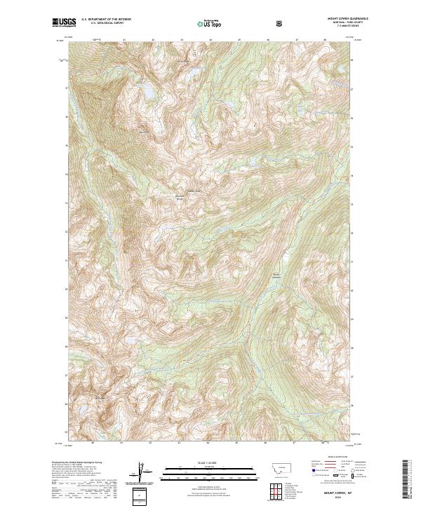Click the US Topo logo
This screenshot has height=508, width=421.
click(x=209, y=23)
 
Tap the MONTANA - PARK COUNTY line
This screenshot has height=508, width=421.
click(x=345, y=23)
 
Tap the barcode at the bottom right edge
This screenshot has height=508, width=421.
click(x=405, y=483)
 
